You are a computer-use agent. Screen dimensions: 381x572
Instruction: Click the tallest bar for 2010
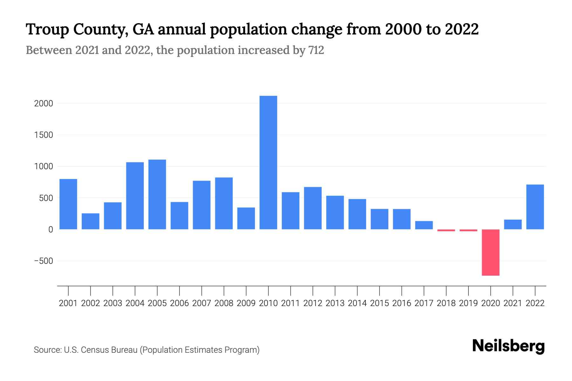(268, 163)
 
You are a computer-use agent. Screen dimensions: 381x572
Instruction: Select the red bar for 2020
(490, 252)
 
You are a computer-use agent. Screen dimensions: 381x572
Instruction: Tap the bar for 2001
(68, 204)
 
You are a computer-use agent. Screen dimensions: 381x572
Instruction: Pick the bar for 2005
(157, 194)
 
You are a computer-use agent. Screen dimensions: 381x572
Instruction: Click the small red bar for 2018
(446, 230)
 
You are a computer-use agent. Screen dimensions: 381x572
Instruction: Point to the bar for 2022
(535, 207)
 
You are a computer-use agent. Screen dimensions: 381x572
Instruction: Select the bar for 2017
(424, 225)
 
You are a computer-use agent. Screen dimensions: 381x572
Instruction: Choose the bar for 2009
(246, 218)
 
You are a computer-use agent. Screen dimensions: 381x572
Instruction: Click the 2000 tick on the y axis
(44, 104)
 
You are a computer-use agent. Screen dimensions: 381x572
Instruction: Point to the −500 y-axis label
(44, 261)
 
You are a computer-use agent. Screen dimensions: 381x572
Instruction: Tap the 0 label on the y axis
(50, 230)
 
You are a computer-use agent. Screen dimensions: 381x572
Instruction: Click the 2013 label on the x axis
(335, 303)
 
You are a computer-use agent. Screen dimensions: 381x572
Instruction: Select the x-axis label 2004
(135, 303)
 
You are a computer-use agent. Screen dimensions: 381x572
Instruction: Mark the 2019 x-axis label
(468, 303)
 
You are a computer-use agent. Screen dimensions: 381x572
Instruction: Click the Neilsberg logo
(508, 346)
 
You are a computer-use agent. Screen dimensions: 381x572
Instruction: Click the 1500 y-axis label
(44, 135)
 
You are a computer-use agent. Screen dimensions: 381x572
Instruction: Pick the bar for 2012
(313, 208)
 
